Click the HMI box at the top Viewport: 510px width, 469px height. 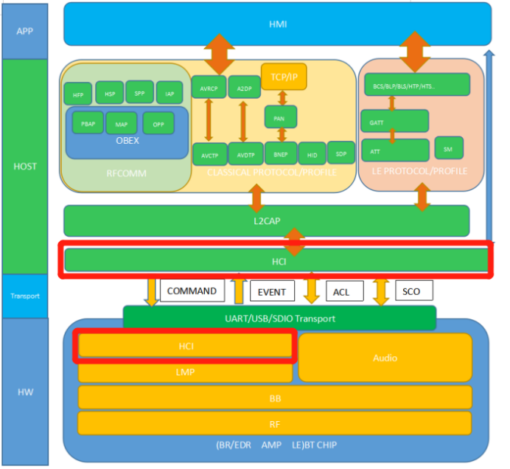point(277,24)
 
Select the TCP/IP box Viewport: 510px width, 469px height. point(284,77)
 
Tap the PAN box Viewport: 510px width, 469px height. point(280,117)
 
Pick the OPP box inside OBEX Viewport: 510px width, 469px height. point(158,123)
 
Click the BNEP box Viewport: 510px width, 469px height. point(280,153)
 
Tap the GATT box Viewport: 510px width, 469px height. point(394,121)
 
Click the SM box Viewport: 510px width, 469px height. point(448,148)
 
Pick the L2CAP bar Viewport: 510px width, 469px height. point(266,221)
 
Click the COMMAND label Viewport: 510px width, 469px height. point(192,291)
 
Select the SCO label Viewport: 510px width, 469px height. point(411,291)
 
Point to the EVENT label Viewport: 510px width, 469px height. point(272,292)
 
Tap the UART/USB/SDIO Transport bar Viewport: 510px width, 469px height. point(279,319)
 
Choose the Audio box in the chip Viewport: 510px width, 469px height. point(385,358)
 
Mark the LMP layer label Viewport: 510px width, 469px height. point(185,372)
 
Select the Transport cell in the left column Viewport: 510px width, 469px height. point(24,296)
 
